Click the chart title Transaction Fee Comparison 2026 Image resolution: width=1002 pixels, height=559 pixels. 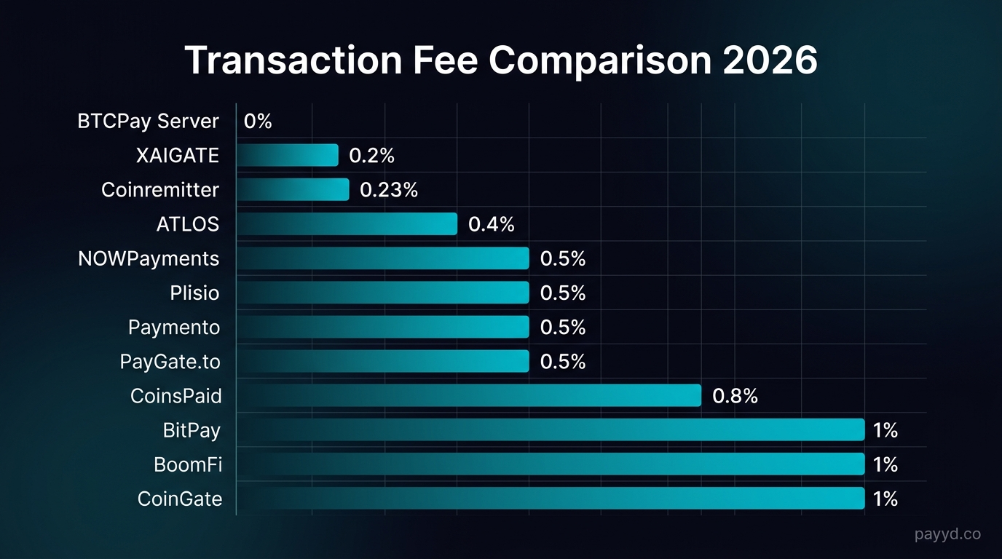coord(501,60)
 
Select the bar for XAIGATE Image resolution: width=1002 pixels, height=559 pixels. coord(288,155)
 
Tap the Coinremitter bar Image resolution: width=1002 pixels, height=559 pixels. coord(293,190)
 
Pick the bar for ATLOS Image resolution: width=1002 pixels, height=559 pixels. coord(347,224)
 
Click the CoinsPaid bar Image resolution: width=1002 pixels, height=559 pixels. coord(468,396)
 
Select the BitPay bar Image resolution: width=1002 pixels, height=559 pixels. coord(550,430)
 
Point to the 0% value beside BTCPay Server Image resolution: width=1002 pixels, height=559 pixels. coord(258,122)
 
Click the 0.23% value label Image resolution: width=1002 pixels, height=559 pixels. coord(389,190)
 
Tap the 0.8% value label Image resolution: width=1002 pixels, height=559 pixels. coord(735,396)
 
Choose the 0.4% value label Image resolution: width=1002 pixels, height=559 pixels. coord(491,224)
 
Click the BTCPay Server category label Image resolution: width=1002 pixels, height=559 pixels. coord(148,122)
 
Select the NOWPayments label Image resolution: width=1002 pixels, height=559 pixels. coord(149,258)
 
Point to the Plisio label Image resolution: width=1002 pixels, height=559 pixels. coord(194,293)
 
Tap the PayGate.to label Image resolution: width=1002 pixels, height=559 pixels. coord(170,362)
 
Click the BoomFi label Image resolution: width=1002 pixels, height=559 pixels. coord(188,464)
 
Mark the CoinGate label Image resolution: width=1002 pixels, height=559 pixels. coord(180,499)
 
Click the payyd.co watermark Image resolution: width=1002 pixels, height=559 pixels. coord(947,535)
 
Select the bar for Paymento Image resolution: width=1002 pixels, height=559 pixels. coord(382,327)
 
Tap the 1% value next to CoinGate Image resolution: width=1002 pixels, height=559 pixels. coord(885,499)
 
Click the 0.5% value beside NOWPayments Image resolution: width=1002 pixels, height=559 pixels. coord(562,258)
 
